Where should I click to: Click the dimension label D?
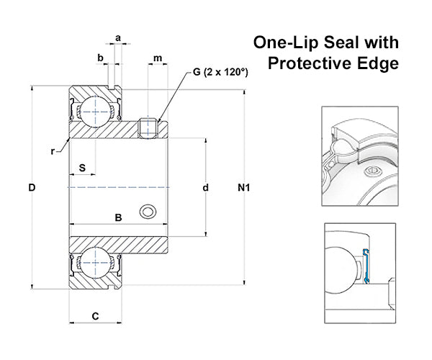(x=32, y=188)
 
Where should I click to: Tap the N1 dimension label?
(x=244, y=188)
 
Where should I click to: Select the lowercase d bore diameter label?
(x=205, y=188)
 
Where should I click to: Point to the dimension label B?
(x=118, y=217)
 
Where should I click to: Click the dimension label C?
(x=95, y=316)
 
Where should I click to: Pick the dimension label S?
(x=82, y=168)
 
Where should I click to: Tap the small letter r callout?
(x=53, y=151)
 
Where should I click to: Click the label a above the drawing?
(x=118, y=38)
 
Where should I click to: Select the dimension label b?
(x=100, y=58)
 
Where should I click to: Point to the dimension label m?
(x=158, y=58)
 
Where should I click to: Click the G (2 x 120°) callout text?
(x=220, y=72)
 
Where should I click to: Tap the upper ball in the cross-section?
(x=95, y=112)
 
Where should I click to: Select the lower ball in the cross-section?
(x=95, y=263)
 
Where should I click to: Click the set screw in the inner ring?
(x=148, y=128)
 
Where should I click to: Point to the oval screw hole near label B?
(x=148, y=212)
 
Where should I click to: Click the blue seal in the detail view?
(x=366, y=266)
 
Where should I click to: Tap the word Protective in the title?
(x=310, y=63)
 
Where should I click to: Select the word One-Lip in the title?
(x=286, y=42)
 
